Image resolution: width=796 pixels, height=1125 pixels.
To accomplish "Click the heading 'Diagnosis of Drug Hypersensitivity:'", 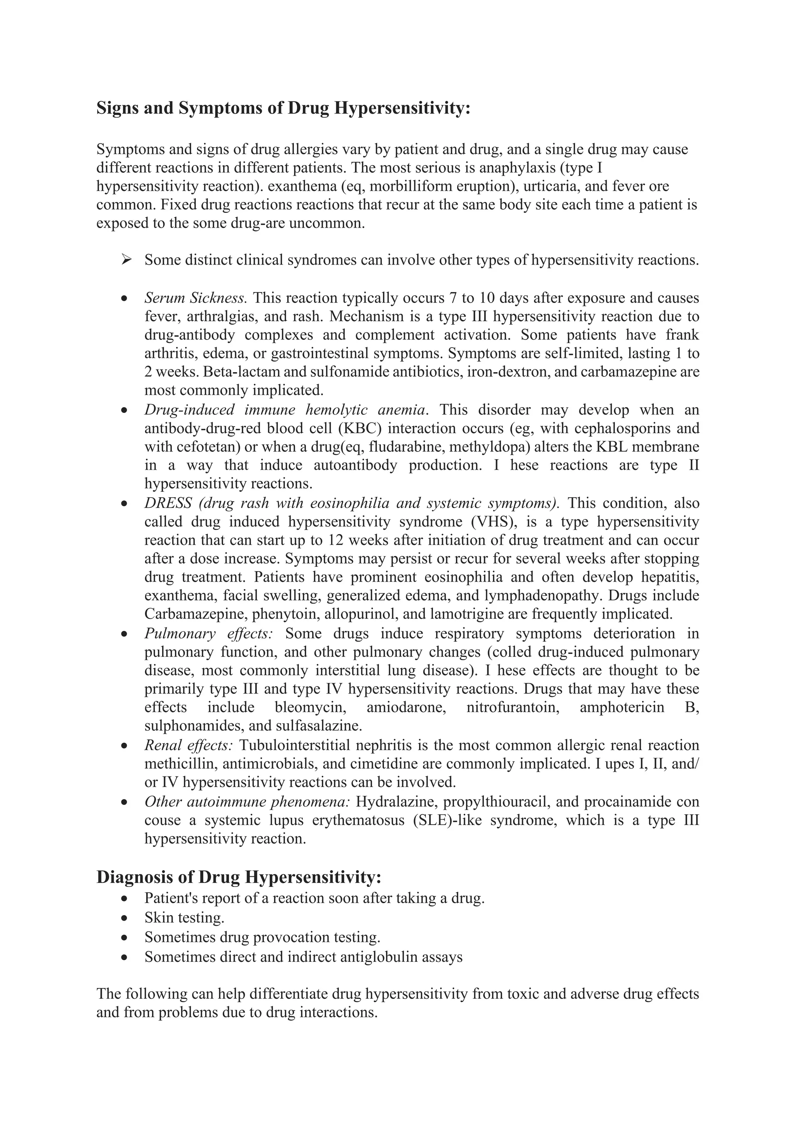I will pyautogui.click(x=239, y=877).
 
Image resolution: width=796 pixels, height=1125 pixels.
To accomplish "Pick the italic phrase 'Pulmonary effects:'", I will pyautogui.click(x=208, y=634).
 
